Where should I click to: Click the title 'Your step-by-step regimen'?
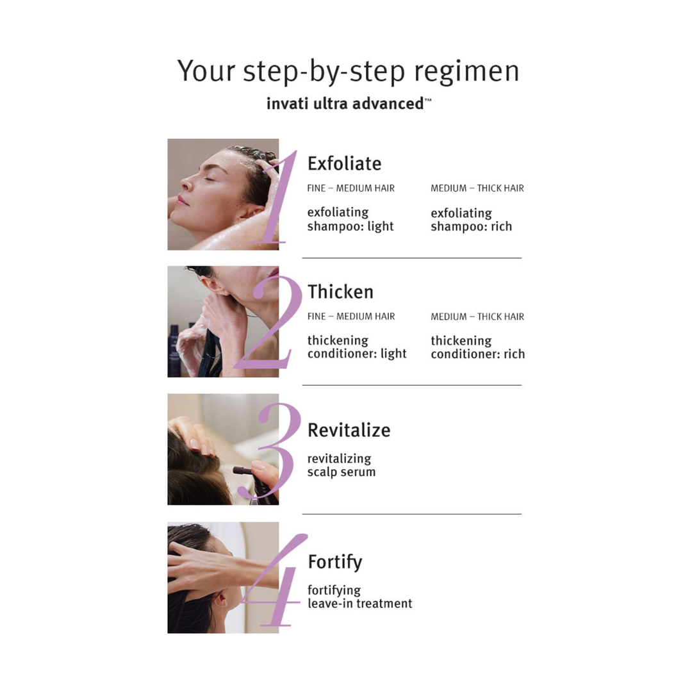[348, 70]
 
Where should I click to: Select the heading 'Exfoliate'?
[344, 163]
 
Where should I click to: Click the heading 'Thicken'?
[340, 292]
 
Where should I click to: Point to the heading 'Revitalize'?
[349, 430]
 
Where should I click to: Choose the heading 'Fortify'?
[334, 562]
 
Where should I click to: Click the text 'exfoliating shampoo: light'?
[350, 219]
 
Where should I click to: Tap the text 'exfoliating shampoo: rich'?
[471, 220]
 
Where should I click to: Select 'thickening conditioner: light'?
[356, 347]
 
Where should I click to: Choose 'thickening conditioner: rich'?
[477, 347]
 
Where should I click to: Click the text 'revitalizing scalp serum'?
[341, 465]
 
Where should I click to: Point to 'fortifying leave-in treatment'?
[359, 597]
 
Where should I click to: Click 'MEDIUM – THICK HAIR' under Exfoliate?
[477, 188]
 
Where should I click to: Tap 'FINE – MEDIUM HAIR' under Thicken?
[350, 317]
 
